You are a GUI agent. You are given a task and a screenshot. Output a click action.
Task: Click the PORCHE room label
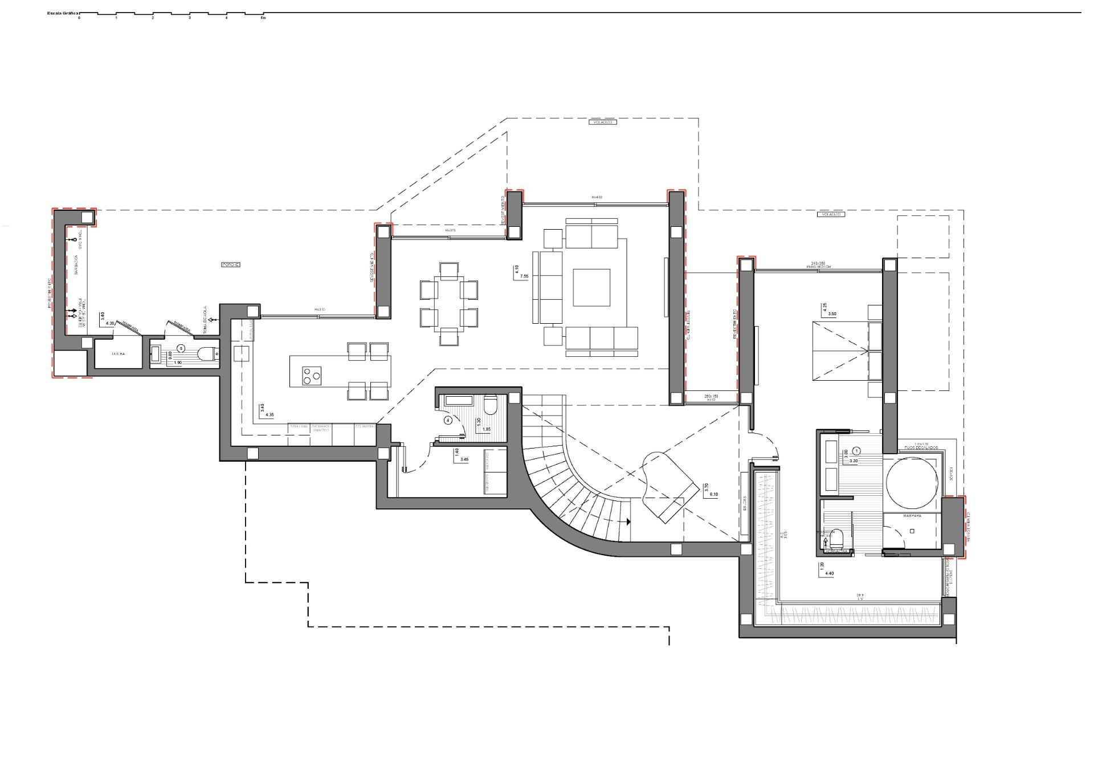point(231,264)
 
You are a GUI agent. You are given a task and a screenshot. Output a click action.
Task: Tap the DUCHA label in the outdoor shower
point(118,354)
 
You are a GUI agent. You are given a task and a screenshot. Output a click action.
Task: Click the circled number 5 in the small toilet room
point(181,347)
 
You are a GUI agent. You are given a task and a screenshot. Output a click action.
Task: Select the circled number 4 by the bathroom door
point(448,421)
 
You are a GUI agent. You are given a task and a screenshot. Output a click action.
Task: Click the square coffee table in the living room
point(591,287)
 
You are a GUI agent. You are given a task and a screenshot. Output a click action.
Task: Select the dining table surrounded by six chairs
point(449,303)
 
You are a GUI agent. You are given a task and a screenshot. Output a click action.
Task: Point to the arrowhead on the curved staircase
point(628,521)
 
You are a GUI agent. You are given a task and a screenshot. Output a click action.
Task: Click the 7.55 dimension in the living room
point(523,276)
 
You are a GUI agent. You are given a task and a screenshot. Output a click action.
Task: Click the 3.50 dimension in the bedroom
point(832,313)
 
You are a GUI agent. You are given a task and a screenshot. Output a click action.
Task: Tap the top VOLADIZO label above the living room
point(602,122)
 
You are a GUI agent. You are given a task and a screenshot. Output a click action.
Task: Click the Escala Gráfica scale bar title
point(63,12)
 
